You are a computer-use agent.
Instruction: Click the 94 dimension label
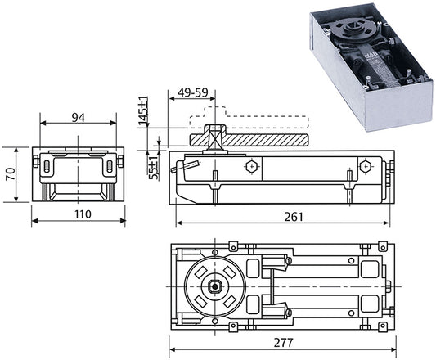(x=79, y=118)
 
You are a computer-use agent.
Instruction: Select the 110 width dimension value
(x=83, y=214)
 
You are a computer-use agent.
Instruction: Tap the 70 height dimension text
(x=11, y=174)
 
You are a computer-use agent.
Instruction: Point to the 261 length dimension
(x=294, y=217)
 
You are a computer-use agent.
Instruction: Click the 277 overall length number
(x=283, y=343)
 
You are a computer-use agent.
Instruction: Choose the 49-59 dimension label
(x=193, y=92)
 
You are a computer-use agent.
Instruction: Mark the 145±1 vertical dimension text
(x=143, y=110)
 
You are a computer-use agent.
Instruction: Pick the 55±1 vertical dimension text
(x=154, y=168)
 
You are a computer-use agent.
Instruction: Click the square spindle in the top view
(x=214, y=286)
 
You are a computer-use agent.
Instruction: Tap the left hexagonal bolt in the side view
(x=252, y=167)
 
